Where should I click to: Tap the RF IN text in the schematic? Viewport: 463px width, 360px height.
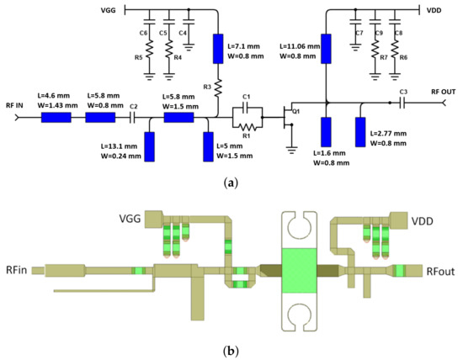point(16,105)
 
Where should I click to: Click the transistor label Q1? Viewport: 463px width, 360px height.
point(296,111)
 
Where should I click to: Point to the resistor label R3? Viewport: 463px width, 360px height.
point(208,85)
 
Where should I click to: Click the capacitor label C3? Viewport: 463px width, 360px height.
point(403,91)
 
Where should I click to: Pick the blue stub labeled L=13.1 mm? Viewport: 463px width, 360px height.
point(149,146)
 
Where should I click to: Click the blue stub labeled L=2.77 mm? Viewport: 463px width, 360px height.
point(361,131)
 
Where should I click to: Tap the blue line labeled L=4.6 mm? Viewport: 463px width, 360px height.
point(55,118)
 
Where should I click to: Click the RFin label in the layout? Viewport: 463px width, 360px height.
point(19,270)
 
